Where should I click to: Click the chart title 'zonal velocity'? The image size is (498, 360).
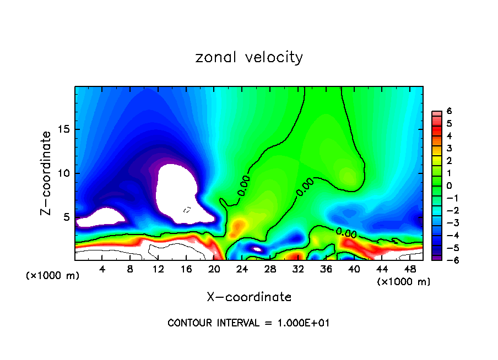coord(249,57)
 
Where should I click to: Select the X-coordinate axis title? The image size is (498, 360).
coord(249,297)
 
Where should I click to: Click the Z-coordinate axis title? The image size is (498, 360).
coord(48,173)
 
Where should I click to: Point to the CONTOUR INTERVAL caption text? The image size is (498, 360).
coord(248,323)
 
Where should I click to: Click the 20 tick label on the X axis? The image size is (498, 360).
coord(214,269)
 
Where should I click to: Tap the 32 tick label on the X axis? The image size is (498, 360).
coord(298,269)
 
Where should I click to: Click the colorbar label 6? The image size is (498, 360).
coord(449,111)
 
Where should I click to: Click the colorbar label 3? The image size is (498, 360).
coord(449,148)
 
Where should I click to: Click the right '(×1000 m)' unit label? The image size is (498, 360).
coord(404,282)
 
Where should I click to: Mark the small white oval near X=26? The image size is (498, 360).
coord(257,249)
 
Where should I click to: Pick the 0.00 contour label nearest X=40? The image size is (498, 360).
coord(346,233)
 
